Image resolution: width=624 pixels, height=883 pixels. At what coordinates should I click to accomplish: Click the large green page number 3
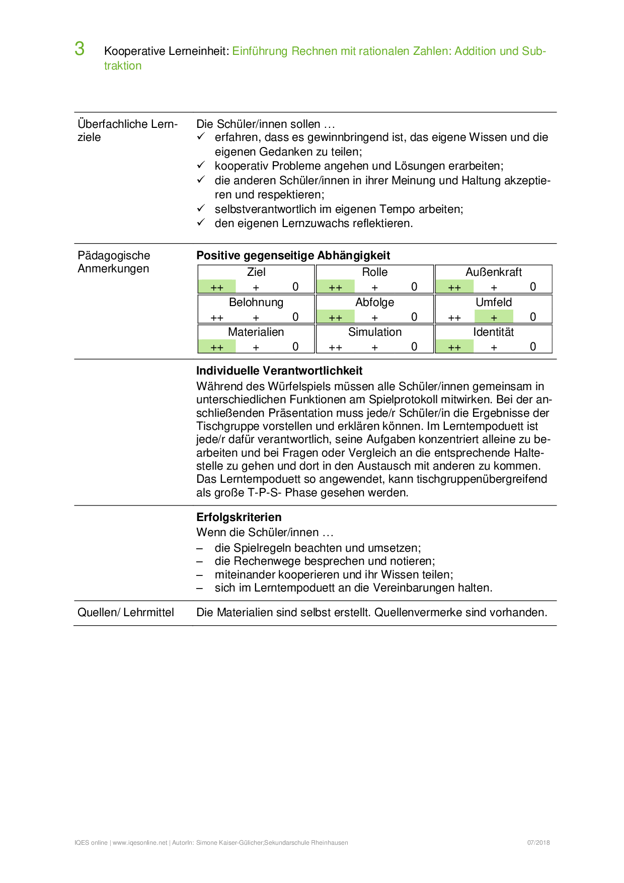tap(80, 49)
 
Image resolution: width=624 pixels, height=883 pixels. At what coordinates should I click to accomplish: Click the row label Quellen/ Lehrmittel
tap(126, 612)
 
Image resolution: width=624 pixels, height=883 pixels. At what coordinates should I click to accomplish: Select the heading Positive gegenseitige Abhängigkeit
tap(293, 255)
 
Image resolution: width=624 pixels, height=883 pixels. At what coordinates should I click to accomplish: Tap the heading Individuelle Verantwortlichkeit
tap(279, 371)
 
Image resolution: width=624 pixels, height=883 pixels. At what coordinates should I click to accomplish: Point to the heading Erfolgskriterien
tap(239, 517)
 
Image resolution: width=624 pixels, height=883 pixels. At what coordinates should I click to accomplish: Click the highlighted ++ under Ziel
tap(217, 287)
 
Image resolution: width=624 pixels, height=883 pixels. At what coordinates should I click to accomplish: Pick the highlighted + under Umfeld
tap(494, 317)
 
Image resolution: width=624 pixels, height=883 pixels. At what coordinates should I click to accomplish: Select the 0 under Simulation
tap(414, 347)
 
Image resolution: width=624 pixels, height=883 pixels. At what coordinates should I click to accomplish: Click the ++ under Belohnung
tap(217, 317)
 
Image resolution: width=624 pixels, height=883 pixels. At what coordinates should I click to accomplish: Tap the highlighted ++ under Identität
tap(454, 347)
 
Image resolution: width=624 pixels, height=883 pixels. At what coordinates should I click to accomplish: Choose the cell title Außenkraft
tap(494, 272)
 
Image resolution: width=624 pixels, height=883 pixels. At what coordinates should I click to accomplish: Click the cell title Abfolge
tap(374, 302)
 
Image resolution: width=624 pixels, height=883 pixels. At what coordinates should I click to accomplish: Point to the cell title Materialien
tap(256, 332)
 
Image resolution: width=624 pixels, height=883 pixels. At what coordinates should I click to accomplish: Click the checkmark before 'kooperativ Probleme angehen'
tap(201, 165)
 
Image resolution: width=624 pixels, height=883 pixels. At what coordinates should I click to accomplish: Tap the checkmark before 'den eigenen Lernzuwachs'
tap(201, 223)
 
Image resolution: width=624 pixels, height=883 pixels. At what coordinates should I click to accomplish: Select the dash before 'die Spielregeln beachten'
tap(200, 548)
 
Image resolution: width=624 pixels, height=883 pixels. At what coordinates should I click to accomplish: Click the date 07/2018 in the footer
tap(538, 842)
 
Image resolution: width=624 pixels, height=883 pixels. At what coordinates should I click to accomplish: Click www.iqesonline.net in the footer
tap(140, 842)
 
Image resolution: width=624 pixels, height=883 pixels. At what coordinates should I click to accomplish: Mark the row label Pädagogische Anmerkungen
tap(114, 262)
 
